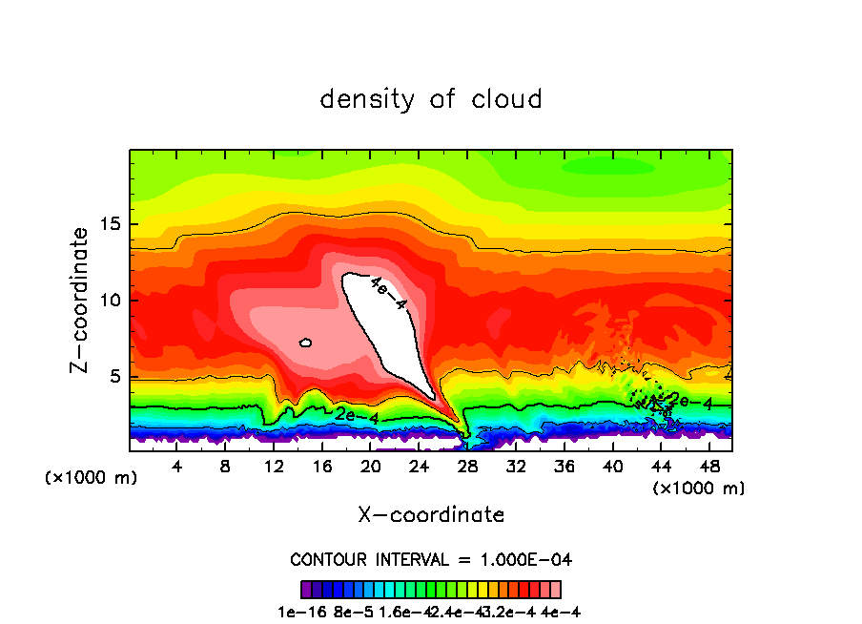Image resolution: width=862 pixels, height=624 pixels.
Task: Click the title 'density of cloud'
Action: [x=430, y=98]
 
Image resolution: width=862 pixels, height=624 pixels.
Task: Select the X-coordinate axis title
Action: [x=431, y=514]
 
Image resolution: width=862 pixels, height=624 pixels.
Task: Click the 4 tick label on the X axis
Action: [x=176, y=467]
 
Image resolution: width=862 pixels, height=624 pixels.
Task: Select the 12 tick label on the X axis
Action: [x=274, y=467]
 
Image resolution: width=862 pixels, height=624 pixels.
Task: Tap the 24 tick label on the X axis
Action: [x=420, y=467]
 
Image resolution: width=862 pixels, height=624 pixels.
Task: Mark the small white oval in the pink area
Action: [x=305, y=343]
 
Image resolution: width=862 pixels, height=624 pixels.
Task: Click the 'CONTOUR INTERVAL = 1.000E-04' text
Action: [x=431, y=559]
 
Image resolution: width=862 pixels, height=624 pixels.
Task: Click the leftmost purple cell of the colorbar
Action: [x=306, y=590]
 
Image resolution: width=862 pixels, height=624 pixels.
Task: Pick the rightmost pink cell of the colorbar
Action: [x=556, y=590]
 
